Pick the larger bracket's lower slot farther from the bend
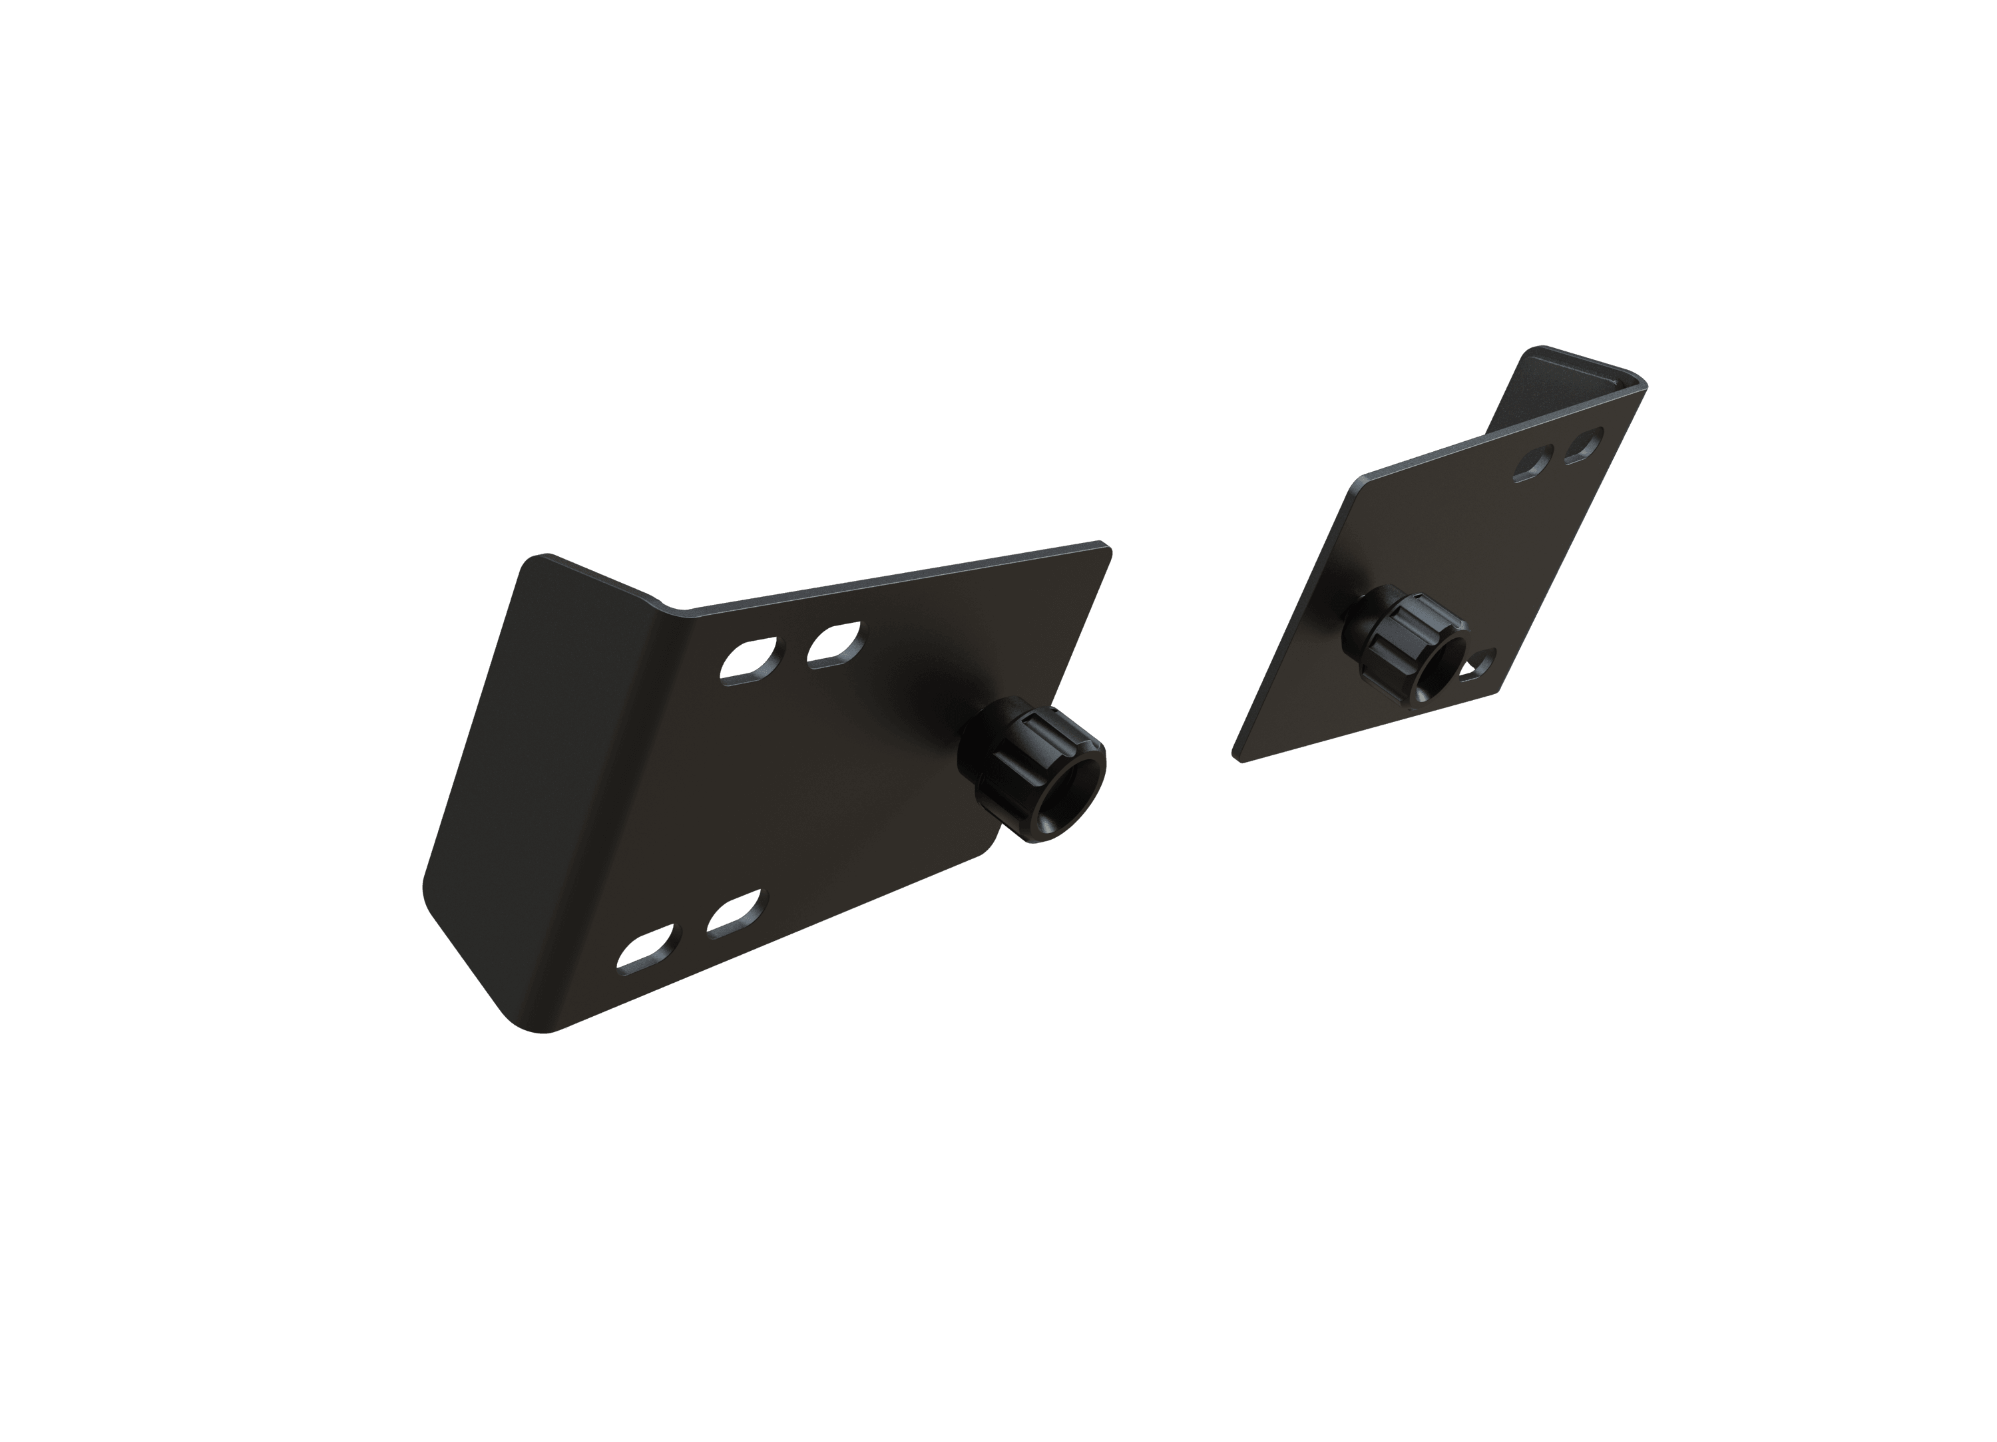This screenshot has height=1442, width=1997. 737,915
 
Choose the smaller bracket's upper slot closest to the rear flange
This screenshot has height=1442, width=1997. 1583,445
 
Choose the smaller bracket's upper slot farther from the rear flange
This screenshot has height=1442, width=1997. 1536,463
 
